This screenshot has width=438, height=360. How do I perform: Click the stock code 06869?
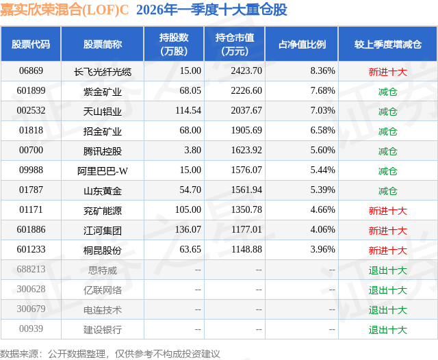(x=31, y=70)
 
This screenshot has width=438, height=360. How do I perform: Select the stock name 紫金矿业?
(x=103, y=91)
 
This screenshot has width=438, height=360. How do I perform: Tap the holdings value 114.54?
(x=188, y=111)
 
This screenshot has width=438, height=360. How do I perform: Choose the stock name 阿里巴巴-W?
(x=103, y=171)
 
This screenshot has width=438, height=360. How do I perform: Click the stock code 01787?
(x=31, y=191)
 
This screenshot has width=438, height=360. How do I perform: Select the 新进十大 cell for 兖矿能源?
(x=387, y=211)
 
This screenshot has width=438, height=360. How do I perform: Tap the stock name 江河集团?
(x=103, y=231)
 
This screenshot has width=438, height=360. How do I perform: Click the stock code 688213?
(x=31, y=270)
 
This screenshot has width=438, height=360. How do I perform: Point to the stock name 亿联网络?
(x=103, y=290)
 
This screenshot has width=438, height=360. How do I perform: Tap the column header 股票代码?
(x=31, y=44)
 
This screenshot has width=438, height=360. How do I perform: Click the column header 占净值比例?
(x=302, y=44)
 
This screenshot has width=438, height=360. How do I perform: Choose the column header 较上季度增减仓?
(x=387, y=44)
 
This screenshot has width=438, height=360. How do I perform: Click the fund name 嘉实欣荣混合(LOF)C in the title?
(x=65, y=10)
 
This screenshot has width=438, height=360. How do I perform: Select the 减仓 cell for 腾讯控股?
(x=387, y=151)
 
